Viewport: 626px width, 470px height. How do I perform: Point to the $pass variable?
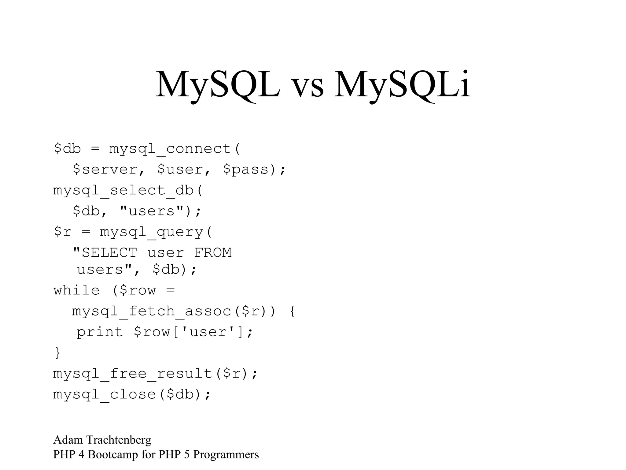click(x=246, y=170)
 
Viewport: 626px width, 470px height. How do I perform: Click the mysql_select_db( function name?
click(x=128, y=191)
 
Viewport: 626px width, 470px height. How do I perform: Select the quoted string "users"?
click(x=152, y=211)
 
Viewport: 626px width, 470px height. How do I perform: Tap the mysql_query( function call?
click(x=156, y=232)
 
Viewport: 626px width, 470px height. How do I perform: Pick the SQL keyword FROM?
click(x=213, y=253)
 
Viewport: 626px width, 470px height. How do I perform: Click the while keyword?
click(x=76, y=290)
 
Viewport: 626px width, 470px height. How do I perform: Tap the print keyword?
click(x=99, y=332)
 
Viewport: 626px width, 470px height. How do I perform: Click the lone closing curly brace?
click(x=57, y=352)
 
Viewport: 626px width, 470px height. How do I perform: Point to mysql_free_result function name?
click(x=133, y=374)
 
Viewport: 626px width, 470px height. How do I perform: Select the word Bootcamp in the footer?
click(x=113, y=455)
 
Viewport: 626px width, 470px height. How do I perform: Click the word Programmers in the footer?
click(x=226, y=455)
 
